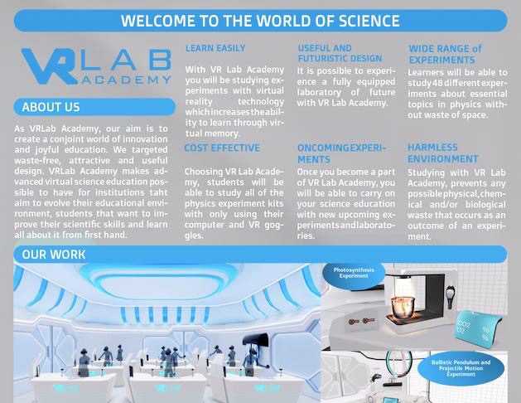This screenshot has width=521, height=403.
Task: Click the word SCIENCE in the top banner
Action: pos(369,21)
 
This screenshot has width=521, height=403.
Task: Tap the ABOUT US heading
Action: pos(51,107)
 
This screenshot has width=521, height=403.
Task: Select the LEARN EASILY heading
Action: pos(215,48)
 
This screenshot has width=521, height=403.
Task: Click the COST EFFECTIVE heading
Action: pos(222,148)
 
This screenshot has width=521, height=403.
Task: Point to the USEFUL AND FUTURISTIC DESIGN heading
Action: pos(340,53)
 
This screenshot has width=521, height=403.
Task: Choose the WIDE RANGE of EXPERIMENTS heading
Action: pos(445,54)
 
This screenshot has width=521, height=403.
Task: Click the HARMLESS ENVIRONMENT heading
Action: pos(443,153)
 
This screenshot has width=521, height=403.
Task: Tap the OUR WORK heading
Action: pos(54,255)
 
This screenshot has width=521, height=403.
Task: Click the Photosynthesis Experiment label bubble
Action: pos(354,274)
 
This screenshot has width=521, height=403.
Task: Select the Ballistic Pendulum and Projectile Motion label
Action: pos(461,368)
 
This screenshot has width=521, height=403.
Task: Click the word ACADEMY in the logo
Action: pos(126,80)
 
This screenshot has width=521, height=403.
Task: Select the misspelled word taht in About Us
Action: pos(158,192)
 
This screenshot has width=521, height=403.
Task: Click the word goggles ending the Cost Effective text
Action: pos(267,225)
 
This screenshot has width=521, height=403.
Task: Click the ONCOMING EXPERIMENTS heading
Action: pos(341,153)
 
